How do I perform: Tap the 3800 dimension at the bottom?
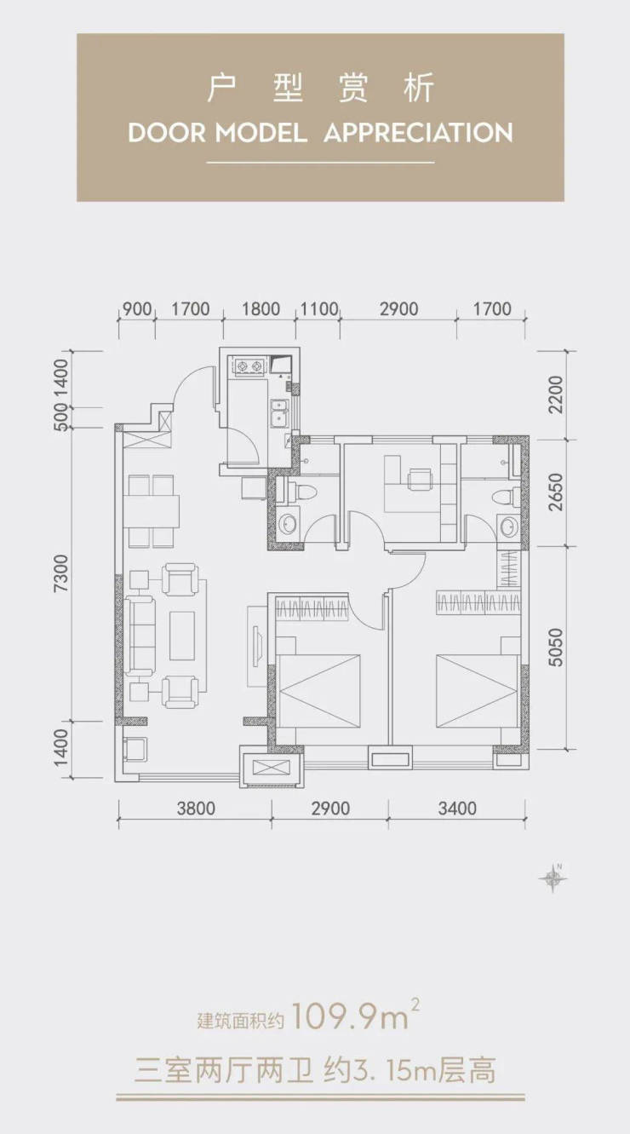(196, 808)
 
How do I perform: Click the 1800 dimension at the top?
(261, 308)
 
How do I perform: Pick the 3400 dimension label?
(457, 808)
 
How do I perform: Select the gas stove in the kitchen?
(249, 366)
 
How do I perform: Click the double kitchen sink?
(279, 412)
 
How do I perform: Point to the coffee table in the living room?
(182, 636)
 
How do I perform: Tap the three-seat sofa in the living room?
(141, 636)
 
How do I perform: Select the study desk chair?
(420, 479)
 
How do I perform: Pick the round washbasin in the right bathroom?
(507, 527)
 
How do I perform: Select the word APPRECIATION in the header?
(418, 133)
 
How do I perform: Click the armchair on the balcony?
(135, 749)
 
